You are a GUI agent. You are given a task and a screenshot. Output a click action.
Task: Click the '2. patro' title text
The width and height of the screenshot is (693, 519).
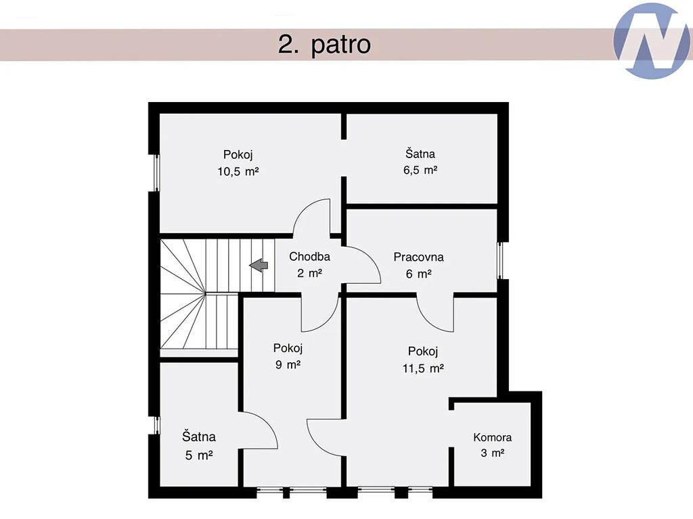pyautogui.click(x=324, y=45)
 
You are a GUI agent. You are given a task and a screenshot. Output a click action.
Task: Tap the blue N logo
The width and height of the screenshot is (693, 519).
pyautogui.click(x=652, y=41)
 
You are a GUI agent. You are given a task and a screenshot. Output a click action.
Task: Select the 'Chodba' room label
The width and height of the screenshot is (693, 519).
pyautogui.click(x=309, y=256)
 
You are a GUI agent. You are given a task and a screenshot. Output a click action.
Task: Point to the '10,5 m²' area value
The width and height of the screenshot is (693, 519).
pyautogui.click(x=238, y=171)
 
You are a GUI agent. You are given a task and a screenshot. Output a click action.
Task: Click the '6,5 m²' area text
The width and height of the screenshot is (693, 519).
pyautogui.click(x=420, y=170)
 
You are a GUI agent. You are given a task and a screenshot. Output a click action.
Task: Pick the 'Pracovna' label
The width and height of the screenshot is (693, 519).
pyautogui.click(x=418, y=257)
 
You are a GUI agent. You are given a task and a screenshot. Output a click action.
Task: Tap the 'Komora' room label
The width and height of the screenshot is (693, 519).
pyautogui.click(x=493, y=437)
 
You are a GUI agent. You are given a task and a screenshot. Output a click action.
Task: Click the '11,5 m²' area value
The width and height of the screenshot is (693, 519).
pyautogui.click(x=423, y=368)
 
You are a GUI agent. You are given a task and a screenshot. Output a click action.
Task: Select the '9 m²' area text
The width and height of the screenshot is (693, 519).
pyautogui.click(x=288, y=365)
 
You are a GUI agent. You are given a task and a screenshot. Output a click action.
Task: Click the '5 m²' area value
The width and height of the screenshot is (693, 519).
pyautogui.click(x=199, y=455)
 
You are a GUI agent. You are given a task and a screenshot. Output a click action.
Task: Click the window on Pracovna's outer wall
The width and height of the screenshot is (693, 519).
pyautogui.click(x=501, y=260)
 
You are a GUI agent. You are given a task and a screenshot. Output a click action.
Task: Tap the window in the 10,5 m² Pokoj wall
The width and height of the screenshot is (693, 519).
pyautogui.click(x=156, y=172)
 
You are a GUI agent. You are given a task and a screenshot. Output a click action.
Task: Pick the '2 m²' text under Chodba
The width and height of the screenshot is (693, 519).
pyautogui.click(x=309, y=273)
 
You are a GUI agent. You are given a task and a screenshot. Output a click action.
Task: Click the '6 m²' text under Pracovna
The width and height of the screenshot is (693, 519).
pyautogui.click(x=418, y=274)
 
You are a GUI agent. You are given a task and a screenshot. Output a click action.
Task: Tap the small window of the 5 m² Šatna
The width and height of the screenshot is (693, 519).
pyautogui.click(x=156, y=425)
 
